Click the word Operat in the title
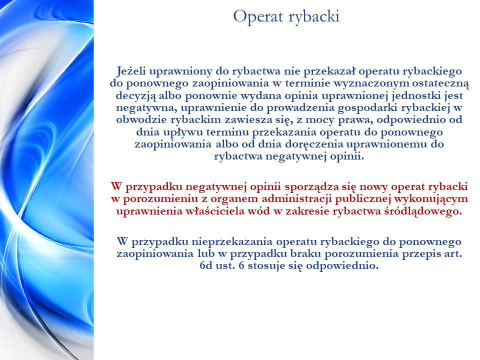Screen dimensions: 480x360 [x=258, y=17]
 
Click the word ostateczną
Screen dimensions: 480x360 [x=440, y=84]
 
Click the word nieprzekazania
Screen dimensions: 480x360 [x=232, y=242]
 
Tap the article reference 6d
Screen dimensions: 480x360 [x=206, y=265]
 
